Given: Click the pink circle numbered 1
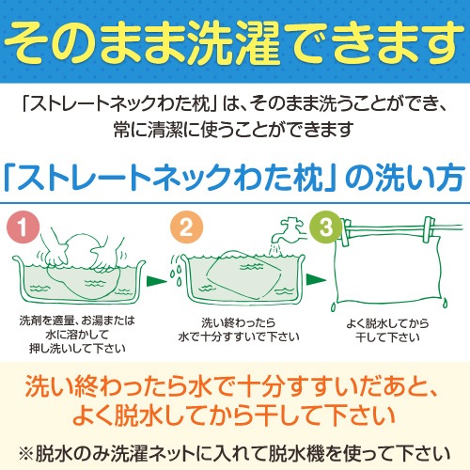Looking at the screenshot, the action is [23, 227].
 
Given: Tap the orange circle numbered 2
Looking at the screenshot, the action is [187, 227].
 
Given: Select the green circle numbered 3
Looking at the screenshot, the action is [326, 227].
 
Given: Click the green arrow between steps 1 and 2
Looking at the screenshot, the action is [157, 281].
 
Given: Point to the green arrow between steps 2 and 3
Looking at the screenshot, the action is [316, 279].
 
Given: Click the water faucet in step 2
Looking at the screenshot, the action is [289, 231].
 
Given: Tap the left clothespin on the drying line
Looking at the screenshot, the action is [346, 232].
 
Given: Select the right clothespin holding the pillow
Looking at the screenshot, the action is [429, 229].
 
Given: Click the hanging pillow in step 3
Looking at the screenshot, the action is [388, 271].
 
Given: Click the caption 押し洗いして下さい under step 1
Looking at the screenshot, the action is [77, 349].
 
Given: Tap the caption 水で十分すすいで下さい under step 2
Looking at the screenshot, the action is [239, 337].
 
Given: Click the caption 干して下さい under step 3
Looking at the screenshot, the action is [387, 337].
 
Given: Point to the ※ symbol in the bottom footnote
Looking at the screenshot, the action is [26, 454].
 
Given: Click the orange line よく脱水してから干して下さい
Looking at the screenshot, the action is [233, 415].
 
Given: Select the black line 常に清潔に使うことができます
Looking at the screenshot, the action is [233, 130].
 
